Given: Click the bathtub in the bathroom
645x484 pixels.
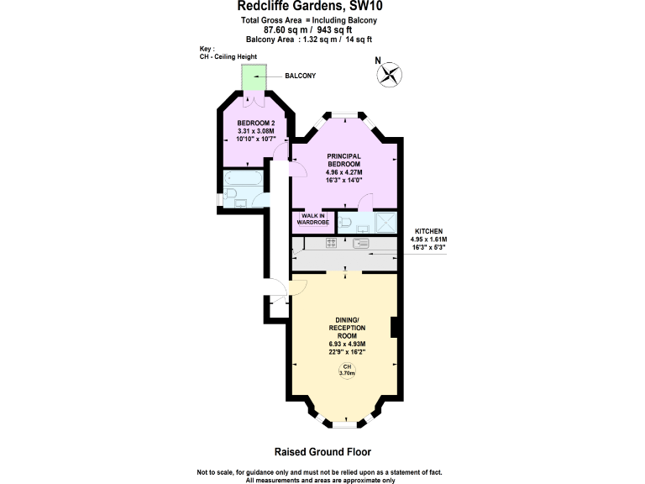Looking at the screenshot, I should click(244, 179).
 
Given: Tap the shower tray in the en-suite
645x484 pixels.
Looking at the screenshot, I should click(383, 222).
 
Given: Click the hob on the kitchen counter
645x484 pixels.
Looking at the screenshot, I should click(331, 244).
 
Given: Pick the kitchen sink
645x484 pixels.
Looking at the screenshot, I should click(361, 244).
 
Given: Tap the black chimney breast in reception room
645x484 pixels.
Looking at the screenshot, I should click(394, 329).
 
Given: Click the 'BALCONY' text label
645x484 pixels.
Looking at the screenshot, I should click(300, 76).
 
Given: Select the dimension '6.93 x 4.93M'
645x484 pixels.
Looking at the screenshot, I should click(344, 344).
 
